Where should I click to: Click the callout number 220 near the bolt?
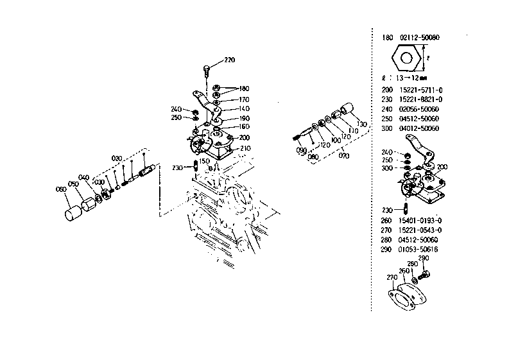pyautogui.click(x=229, y=60)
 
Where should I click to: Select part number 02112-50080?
pyautogui.click(x=420, y=38)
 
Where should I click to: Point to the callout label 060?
pyautogui.click(x=61, y=189)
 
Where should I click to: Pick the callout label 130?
pyautogui.click(x=361, y=124)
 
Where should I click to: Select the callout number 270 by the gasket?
pyautogui.click(x=392, y=278)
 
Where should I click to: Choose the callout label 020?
pyautogui.click(x=116, y=158)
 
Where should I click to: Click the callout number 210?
pyautogui.click(x=245, y=148)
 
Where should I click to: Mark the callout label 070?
pyautogui.click(x=345, y=155)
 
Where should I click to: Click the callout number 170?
pyautogui.click(x=244, y=99)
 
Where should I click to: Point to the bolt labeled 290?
pyautogui.click(x=424, y=275)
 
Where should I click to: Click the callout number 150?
pyautogui.click(x=204, y=160)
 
